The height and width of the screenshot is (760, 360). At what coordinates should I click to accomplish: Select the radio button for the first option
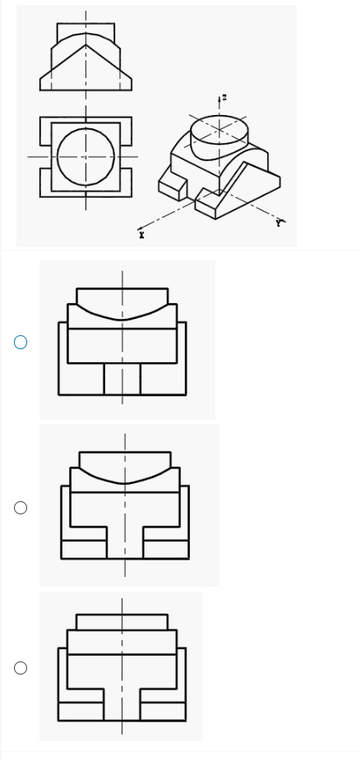point(21,342)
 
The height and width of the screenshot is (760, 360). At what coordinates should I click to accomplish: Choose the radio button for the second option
point(21,508)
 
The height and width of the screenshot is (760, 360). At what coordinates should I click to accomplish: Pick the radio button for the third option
point(21,668)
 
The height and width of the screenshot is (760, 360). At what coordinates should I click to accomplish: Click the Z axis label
point(224,98)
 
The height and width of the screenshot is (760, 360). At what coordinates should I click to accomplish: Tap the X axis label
point(141,235)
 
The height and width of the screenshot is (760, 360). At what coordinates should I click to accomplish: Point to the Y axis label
point(279,223)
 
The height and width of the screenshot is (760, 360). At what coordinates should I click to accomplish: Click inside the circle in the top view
point(85,157)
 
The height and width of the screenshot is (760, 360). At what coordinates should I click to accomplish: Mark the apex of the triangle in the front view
point(85,45)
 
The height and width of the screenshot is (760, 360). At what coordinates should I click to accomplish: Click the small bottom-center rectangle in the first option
point(122,379)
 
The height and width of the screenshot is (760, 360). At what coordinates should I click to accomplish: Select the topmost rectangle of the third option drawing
point(122,622)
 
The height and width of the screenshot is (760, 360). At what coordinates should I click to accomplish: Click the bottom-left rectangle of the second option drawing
point(84,549)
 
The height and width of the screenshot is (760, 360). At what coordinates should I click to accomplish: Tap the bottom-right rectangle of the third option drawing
point(163,711)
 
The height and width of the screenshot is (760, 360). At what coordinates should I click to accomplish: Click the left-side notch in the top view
point(45,157)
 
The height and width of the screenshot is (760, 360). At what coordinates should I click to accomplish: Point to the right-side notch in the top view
point(126,157)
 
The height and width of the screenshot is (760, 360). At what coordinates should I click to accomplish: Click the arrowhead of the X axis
point(141,228)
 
